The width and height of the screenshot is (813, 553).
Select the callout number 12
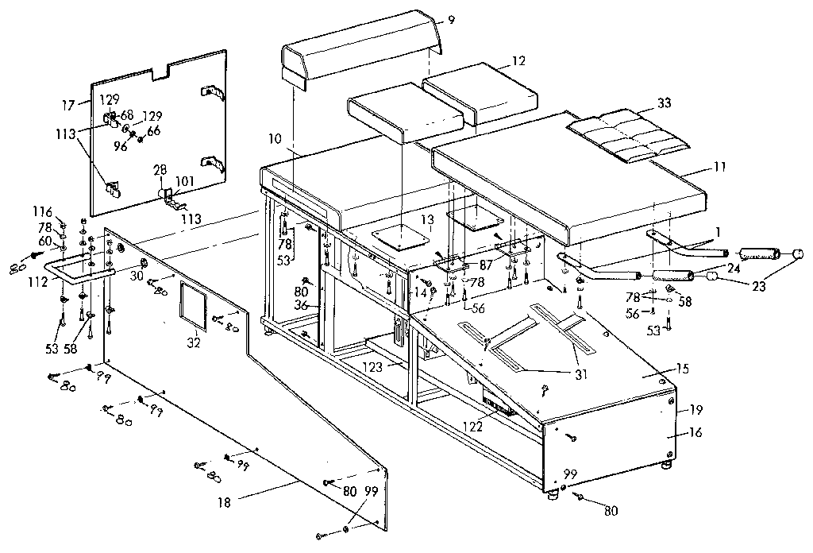[x=518, y=61]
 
